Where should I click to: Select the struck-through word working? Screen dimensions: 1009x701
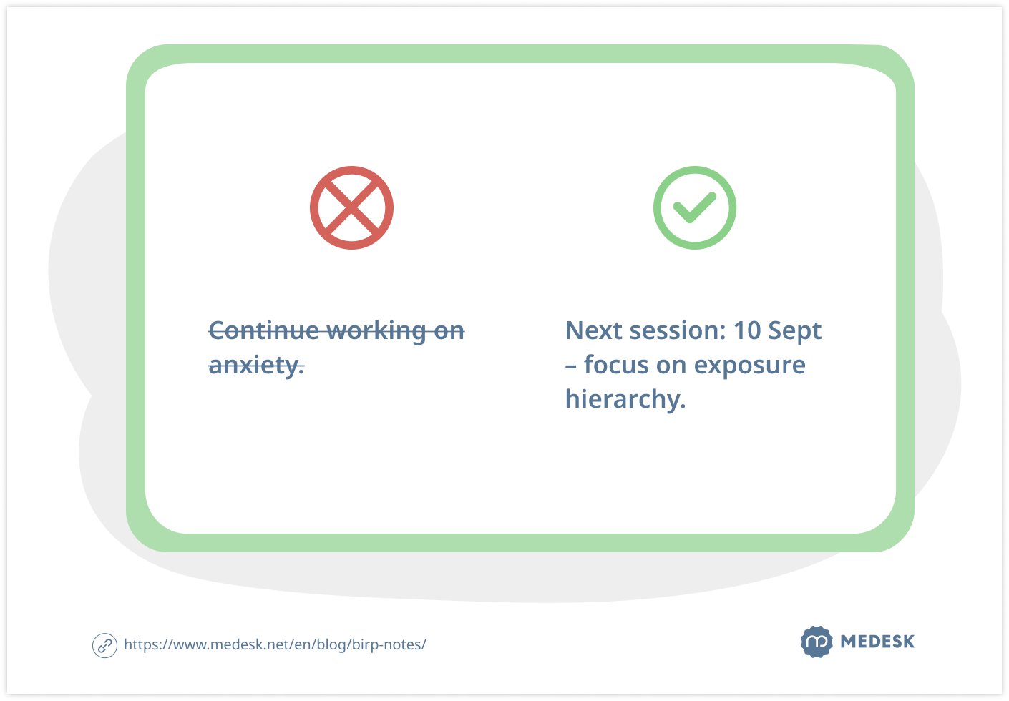click(376, 332)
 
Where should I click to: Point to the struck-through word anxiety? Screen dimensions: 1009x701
click(256, 366)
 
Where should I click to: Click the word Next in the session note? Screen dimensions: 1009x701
click(594, 330)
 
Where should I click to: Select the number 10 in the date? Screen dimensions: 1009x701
click(747, 330)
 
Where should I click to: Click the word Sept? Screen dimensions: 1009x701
click(795, 332)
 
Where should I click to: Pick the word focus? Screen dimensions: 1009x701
click(617, 364)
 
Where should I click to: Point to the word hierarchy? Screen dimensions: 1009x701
click(625, 399)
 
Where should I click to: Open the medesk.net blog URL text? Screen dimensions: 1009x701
click(275, 644)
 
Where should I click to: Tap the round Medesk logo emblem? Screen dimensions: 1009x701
click(817, 642)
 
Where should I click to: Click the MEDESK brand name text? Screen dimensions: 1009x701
click(877, 642)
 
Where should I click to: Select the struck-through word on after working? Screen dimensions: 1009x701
click(449, 331)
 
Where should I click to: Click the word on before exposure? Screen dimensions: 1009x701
click(671, 365)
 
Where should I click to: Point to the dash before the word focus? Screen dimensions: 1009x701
click(571, 366)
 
